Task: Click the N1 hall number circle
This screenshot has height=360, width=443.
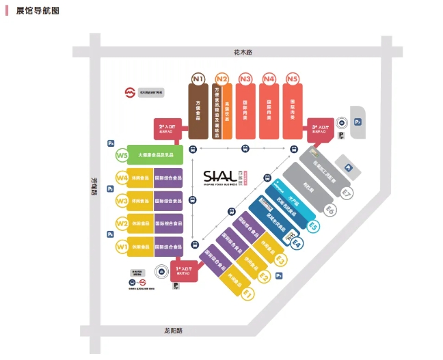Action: tap(198, 79)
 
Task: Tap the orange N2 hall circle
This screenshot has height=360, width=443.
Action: tap(221, 79)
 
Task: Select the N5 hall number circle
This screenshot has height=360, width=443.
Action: tap(293, 79)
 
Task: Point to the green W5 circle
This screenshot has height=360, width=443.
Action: tap(122, 155)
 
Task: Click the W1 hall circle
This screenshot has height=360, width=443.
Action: tap(122, 246)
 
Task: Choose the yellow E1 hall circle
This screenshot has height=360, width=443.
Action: tap(247, 294)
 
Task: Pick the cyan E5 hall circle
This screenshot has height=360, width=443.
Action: tap(313, 226)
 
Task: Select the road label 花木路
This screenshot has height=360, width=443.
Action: tap(243, 52)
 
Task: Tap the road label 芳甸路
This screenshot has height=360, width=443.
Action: tap(95, 186)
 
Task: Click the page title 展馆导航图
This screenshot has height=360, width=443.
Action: tap(37, 11)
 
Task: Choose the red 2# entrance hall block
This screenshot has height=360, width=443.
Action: tap(168, 127)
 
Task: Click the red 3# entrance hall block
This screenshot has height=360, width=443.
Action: tap(319, 128)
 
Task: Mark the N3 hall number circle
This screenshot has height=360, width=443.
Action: tap(245, 79)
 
